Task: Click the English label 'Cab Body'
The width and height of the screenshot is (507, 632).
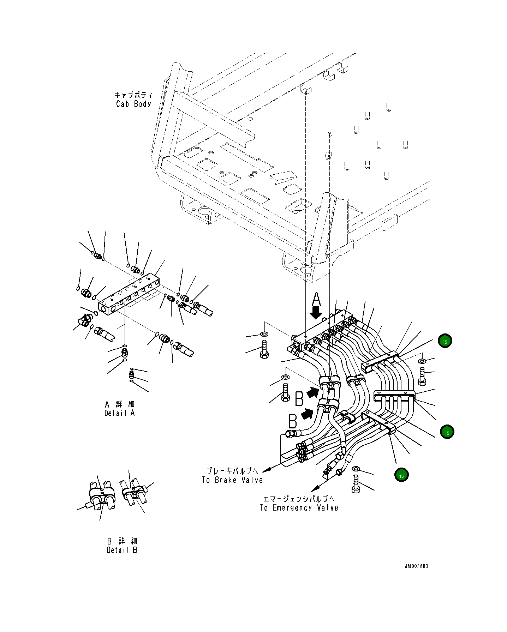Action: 133,104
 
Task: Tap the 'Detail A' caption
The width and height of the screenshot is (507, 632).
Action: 120,413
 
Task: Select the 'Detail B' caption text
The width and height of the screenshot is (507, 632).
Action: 122,550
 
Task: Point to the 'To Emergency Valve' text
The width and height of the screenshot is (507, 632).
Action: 299,508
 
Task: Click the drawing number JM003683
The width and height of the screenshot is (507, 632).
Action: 416,566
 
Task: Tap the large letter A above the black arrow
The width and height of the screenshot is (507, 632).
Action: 316,300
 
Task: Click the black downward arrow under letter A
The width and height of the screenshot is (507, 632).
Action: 316,313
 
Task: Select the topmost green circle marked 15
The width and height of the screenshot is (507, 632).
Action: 445,341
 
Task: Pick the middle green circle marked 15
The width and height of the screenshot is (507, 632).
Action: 447,432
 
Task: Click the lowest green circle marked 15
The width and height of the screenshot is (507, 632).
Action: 401,475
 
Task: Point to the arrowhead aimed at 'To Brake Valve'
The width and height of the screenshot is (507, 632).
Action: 268,469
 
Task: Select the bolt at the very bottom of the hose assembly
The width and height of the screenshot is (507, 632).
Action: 356,484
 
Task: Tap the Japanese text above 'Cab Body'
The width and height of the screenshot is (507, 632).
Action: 133,95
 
